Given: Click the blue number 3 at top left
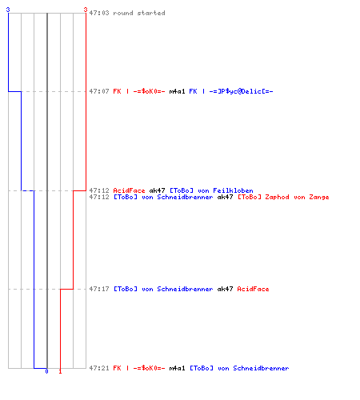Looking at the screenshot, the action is pyautogui.click(x=8, y=10).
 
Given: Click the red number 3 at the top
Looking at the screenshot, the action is pyautogui.click(x=86, y=10).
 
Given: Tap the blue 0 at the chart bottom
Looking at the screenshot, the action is pyautogui.click(x=46, y=371).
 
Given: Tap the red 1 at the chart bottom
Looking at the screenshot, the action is pyautogui.click(x=60, y=371).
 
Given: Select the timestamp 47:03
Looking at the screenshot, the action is pyautogui.click(x=99, y=13).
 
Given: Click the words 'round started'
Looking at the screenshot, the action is pyautogui.click(x=139, y=13).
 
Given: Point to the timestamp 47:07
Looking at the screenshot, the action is pyautogui.click(x=99, y=91).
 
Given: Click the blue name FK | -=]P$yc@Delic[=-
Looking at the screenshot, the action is pyautogui.click(x=231, y=91).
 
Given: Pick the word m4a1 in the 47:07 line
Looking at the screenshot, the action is pyautogui.click(x=177, y=91).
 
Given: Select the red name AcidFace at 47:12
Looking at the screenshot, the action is pyautogui.click(x=129, y=190).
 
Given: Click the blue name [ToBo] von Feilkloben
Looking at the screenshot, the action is pyautogui.click(x=211, y=190).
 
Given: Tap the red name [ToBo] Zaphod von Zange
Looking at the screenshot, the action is pyautogui.click(x=283, y=197).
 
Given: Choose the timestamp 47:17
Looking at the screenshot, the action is pyautogui.click(x=99, y=289).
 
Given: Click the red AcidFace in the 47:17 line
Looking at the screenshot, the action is pyautogui.click(x=253, y=289).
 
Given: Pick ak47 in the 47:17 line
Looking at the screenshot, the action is pyautogui.click(x=225, y=289).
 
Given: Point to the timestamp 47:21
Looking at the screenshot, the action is pyautogui.click(x=99, y=368).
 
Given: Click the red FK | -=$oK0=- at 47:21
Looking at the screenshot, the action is pyautogui.click(x=139, y=368).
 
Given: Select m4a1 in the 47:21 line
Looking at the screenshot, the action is pyautogui.click(x=177, y=368).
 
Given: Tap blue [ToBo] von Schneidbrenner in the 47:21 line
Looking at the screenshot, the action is pyautogui.click(x=239, y=368).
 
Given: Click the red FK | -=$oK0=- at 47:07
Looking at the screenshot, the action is pyautogui.click(x=139, y=91).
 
